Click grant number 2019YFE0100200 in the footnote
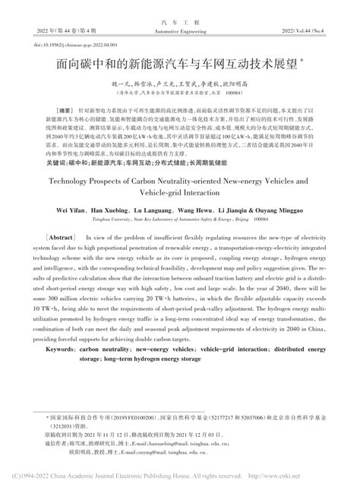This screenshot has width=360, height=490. (123, 418)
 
